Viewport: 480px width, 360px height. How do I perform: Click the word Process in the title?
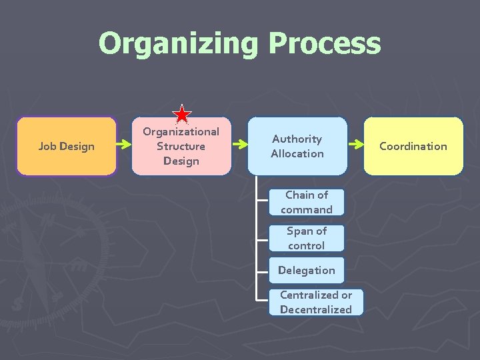click(325, 44)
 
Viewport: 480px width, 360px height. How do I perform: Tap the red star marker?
click(182, 115)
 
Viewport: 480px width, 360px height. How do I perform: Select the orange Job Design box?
click(66, 146)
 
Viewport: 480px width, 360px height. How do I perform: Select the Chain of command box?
click(307, 202)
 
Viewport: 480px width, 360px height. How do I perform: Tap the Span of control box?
click(307, 238)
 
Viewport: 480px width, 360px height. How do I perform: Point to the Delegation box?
click(307, 270)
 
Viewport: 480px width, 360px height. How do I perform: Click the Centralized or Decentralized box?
click(316, 302)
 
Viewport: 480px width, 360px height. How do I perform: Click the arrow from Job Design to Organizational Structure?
click(123, 143)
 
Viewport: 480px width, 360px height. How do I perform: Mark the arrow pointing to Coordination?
click(355, 143)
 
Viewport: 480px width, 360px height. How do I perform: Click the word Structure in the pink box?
click(181, 146)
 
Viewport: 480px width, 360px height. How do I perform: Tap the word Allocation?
click(297, 153)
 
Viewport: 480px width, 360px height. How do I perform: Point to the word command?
click(307, 209)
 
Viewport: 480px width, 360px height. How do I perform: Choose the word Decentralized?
click(316, 309)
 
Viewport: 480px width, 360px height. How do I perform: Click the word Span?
click(298, 231)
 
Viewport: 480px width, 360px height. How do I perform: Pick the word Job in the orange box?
click(47, 146)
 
